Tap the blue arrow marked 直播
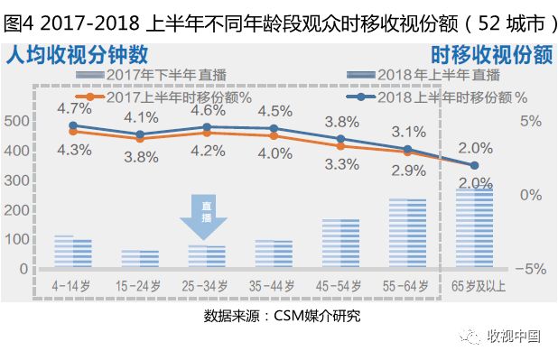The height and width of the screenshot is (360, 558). point(204,217)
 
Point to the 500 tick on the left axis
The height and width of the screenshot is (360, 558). point(15,121)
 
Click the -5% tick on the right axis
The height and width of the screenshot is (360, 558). point(531,269)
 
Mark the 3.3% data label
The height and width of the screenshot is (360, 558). point(340,165)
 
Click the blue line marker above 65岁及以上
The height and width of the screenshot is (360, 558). point(475,165)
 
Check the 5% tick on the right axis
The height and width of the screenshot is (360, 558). point(532,121)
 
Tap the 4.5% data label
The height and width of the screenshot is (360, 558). point(274,111)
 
